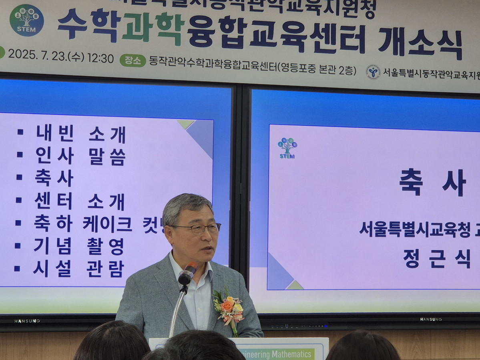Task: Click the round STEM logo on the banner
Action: (27, 20)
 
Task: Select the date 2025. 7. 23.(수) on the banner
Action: (46, 57)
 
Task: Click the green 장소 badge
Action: (133, 60)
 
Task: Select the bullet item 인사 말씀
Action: (80, 156)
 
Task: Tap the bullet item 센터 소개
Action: (80, 201)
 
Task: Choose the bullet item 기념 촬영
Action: (79, 246)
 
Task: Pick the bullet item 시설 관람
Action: (78, 269)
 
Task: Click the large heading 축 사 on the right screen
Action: (432, 183)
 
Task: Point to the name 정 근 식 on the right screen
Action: (436, 259)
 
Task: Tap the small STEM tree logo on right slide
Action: (287, 148)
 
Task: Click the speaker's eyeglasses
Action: (200, 228)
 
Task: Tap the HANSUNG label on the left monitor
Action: (27, 321)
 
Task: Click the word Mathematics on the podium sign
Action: (291, 354)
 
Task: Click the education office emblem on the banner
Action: (373, 72)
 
